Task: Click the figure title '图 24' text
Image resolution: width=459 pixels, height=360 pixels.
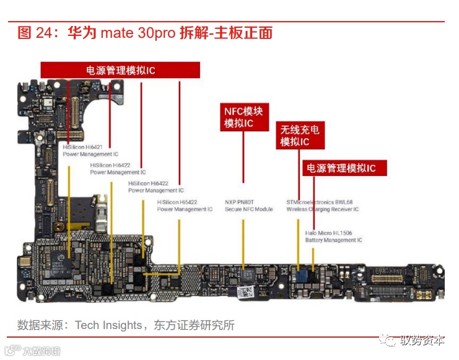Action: (x=34, y=33)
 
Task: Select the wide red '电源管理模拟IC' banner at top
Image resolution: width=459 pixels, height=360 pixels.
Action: (x=120, y=70)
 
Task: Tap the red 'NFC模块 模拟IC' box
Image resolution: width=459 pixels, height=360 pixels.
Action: (x=243, y=117)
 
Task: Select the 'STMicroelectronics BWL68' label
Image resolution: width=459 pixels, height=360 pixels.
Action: (x=319, y=202)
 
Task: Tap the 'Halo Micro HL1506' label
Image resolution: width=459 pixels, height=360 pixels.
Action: (x=329, y=233)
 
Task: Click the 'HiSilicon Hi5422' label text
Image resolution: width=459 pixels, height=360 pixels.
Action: (x=177, y=202)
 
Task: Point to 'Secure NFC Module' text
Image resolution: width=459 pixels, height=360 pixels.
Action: (x=248, y=209)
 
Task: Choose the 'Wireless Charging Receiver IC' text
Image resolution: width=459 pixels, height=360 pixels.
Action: (x=322, y=209)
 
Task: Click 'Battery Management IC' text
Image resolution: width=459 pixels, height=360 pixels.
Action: (x=333, y=240)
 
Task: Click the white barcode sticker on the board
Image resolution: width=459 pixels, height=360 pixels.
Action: (x=248, y=291)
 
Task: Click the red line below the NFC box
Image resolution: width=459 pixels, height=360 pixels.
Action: (x=243, y=158)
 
